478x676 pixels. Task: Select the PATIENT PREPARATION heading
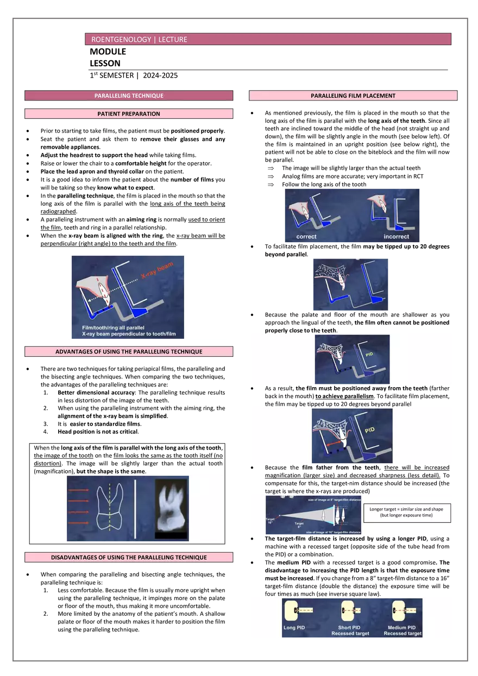point(129,114)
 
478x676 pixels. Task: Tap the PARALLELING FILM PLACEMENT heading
point(353,96)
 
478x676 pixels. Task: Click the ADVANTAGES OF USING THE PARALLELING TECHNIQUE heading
point(129,352)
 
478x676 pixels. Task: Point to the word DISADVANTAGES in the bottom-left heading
point(81,558)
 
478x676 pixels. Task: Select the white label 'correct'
point(306,237)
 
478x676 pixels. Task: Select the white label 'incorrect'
point(397,237)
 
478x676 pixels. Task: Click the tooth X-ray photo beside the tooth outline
point(171,508)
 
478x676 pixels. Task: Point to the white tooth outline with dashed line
point(109,508)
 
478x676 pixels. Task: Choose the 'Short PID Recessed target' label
point(350,630)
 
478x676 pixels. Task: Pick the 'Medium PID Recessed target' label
point(402,630)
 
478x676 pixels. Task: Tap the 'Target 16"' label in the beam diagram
point(270,520)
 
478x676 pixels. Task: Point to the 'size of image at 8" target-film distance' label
point(334,499)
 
